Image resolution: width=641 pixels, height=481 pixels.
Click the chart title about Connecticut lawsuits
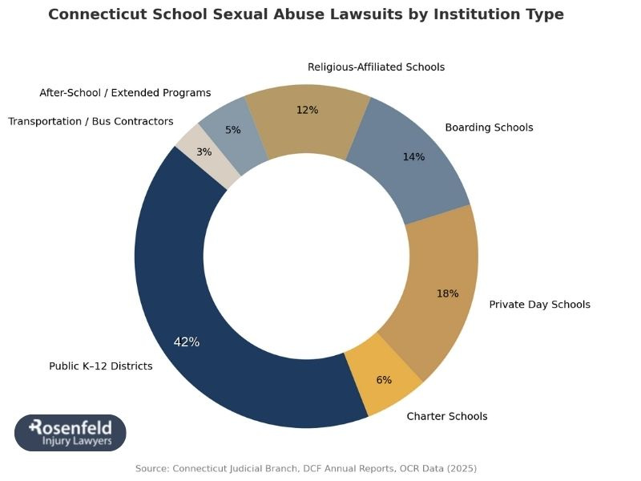click(x=306, y=14)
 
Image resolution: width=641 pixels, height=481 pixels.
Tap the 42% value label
click(x=187, y=342)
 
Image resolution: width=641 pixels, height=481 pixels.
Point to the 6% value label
click(x=384, y=380)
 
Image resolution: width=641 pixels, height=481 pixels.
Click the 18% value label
click(x=447, y=293)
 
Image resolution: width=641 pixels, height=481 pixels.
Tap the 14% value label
click(x=413, y=157)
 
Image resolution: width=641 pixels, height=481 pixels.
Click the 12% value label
click(x=307, y=110)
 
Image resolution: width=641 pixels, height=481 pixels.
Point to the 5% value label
click(x=233, y=129)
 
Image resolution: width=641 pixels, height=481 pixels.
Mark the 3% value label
click(x=204, y=152)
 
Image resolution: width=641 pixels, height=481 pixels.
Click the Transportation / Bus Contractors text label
click(x=91, y=121)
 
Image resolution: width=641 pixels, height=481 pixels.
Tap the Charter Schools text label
click(x=446, y=416)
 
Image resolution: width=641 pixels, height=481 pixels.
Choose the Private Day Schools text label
click(x=539, y=305)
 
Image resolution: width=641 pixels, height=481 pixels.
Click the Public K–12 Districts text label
click(x=101, y=366)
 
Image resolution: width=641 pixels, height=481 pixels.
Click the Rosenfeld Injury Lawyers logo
click(x=71, y=433)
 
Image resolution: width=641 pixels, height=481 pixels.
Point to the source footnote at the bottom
click(x=306, y=468)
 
